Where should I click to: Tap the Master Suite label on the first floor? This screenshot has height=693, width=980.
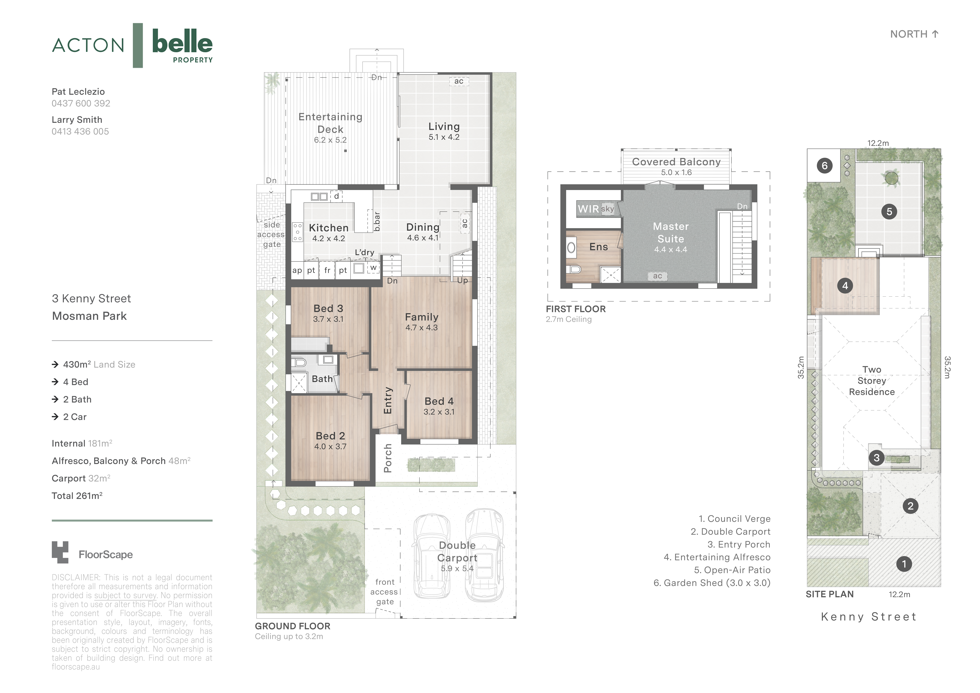point(671,233)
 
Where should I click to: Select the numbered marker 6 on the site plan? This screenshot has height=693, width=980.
point(824,166)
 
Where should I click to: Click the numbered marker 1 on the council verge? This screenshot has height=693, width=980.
point(904,564)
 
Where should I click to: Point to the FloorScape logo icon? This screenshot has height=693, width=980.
point(60,553)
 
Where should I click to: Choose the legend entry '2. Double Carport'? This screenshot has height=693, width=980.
point(730,532)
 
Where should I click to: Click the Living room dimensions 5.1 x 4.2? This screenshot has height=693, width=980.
point(444,137)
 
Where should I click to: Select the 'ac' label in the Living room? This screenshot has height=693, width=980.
point(458,81)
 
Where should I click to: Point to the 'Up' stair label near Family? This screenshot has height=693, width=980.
point(462,281)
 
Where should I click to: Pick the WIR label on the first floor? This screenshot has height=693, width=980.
point(588,209)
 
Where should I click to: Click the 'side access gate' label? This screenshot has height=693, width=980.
point(271,234)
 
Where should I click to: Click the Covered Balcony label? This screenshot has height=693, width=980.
point(676,162)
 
